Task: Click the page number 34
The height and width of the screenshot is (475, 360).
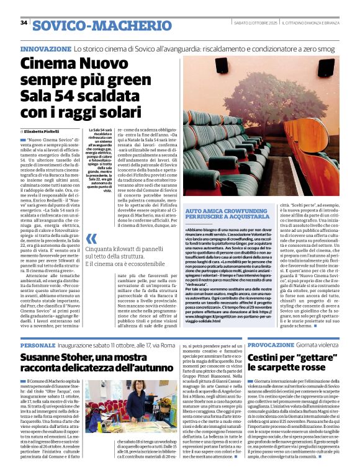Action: coord(24,23)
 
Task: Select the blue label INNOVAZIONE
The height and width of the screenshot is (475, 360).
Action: coord(45,48)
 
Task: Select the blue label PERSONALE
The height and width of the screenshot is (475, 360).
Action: coord(37,345)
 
